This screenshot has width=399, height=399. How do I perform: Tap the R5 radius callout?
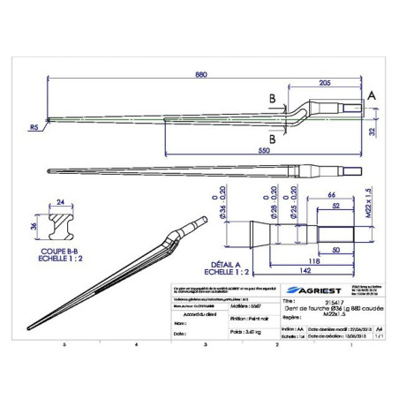[34, 127]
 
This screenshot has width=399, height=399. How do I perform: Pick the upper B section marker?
[273, 98]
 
